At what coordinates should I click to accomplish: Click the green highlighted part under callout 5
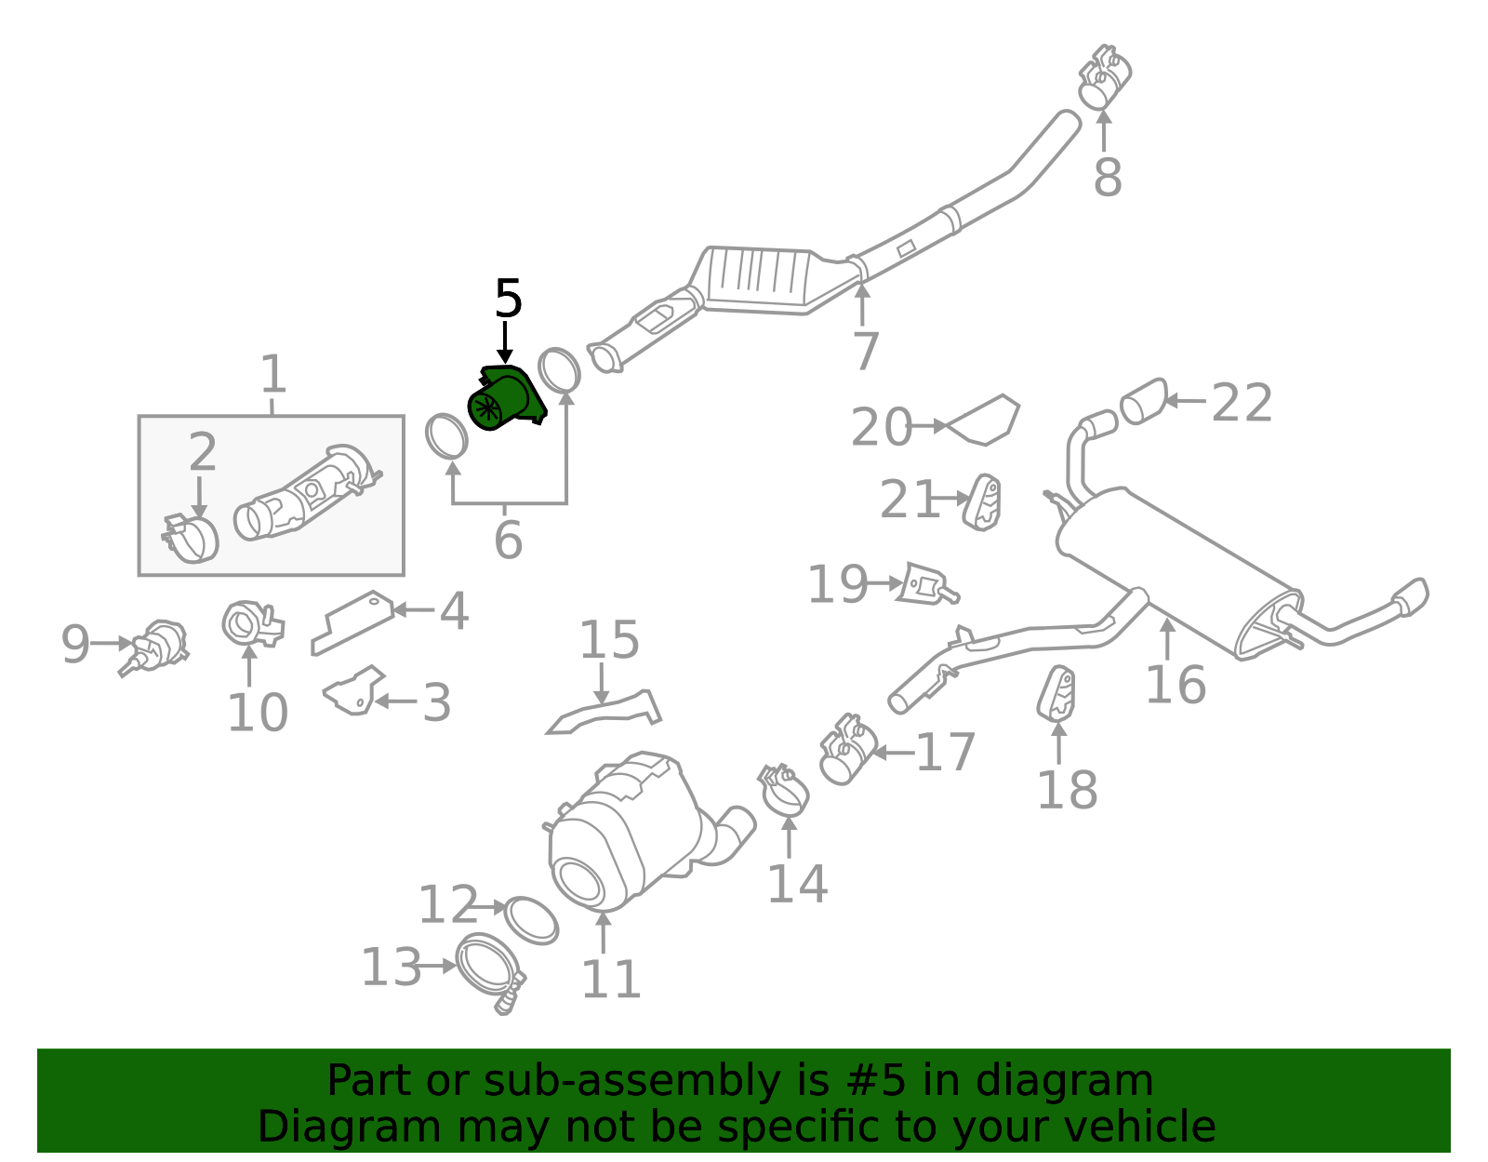[x=506, y=398]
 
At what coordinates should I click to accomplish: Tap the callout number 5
[x=508, y=299]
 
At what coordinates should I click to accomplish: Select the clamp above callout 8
[x=1104, y=76]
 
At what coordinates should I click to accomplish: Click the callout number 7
[x=866, y=352]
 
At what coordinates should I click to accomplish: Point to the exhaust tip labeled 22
[x=1144, y=401]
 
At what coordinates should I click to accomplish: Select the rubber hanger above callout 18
[x=1056, y=694]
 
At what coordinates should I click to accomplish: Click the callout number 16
[x=1176, y=685]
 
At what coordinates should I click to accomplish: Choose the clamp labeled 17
[x=849, y=750]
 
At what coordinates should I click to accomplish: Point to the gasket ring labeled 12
[x=531, y=922]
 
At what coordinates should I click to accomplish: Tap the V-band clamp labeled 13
[x=490, y=973]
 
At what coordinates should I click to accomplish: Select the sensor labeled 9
[x=154, y=648]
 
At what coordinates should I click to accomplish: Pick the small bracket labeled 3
[x=354, y=690]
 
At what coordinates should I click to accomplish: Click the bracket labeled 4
[x=352, y=623]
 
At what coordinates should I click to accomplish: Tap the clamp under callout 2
[x=191, y=539]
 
